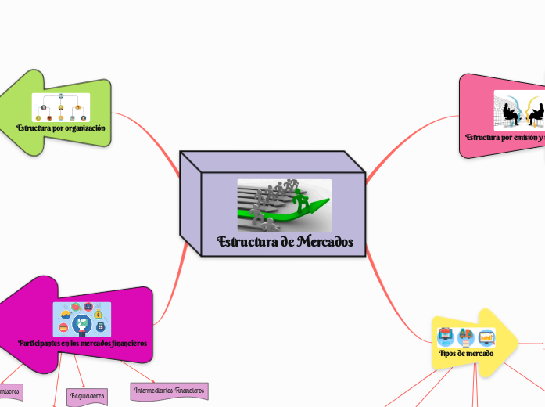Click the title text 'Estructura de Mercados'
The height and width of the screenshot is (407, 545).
click(x=285, y=242)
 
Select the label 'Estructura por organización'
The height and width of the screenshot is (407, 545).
click(x=61, y=128)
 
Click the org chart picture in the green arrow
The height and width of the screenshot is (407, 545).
click(x=61, y=107)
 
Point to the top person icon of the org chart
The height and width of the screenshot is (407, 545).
click(x=61, y=96)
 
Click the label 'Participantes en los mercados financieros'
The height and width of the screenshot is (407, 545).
click(x=82, y=344)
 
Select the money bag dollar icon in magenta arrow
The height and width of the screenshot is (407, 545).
click(x=99, y=315)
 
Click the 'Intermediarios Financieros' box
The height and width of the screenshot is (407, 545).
click(x=169, y=389)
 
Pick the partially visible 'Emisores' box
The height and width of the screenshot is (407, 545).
click(x=9, y=389)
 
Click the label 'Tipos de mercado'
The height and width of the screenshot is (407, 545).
click(x=466, y=354)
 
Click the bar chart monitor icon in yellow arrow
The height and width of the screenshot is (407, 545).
click(x=486, y=337)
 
